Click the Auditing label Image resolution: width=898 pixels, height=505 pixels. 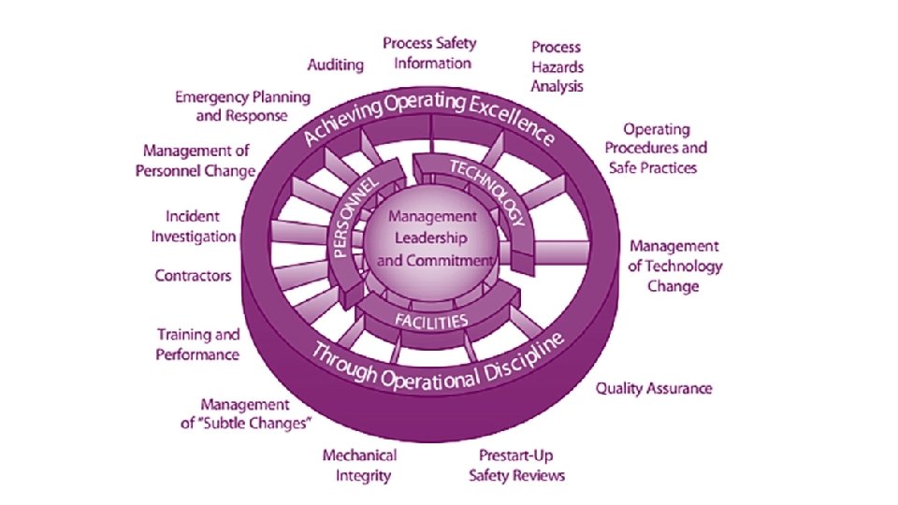(x=336, y=65)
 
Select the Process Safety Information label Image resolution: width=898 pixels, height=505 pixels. (x=429, y=53)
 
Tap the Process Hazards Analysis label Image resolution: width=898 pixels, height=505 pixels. (x=558, y=66)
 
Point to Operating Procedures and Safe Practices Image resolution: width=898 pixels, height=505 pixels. (x=655, y=148)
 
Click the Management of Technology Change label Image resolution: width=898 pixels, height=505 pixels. (x=674, y=266)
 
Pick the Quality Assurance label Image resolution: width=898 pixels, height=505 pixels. (x=654, y=388)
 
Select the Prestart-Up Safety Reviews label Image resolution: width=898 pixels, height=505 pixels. (x=517, y=466)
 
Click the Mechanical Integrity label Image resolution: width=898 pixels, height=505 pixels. (x=359, y=466)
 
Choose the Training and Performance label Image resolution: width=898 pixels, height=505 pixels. (x=197, y=344)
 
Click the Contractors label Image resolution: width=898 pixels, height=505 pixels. (x=193, y=276)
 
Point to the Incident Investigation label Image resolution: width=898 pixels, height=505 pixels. (x=194, y=226)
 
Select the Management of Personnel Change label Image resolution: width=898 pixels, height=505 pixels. (x=199, y=160)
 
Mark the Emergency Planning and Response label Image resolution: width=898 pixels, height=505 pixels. (x=243, y=107)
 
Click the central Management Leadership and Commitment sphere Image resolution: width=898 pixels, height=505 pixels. (x=433, y=238)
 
